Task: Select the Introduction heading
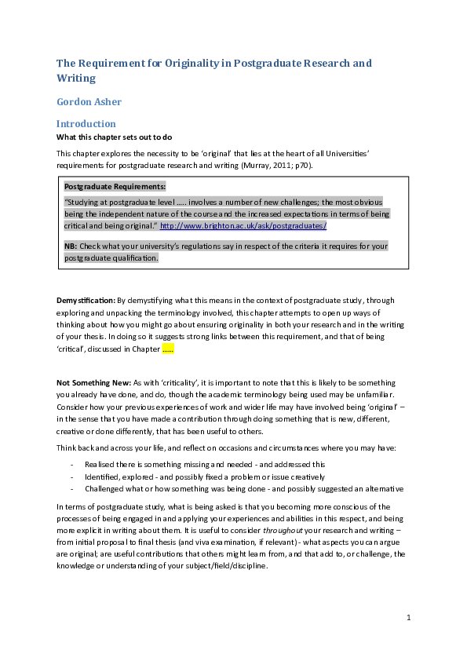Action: point(86,124)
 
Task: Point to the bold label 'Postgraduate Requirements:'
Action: point(115,187)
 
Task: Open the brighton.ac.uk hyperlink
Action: point(243,226)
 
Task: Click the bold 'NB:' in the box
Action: point(71,246)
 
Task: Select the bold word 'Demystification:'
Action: point(86,300)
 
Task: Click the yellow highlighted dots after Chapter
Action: point(167,349)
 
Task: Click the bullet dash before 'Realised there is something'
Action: point(72,465)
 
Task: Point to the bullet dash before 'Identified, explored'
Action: point(72,477)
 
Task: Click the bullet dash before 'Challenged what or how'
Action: point(72,488)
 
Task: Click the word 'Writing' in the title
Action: point(75,78)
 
